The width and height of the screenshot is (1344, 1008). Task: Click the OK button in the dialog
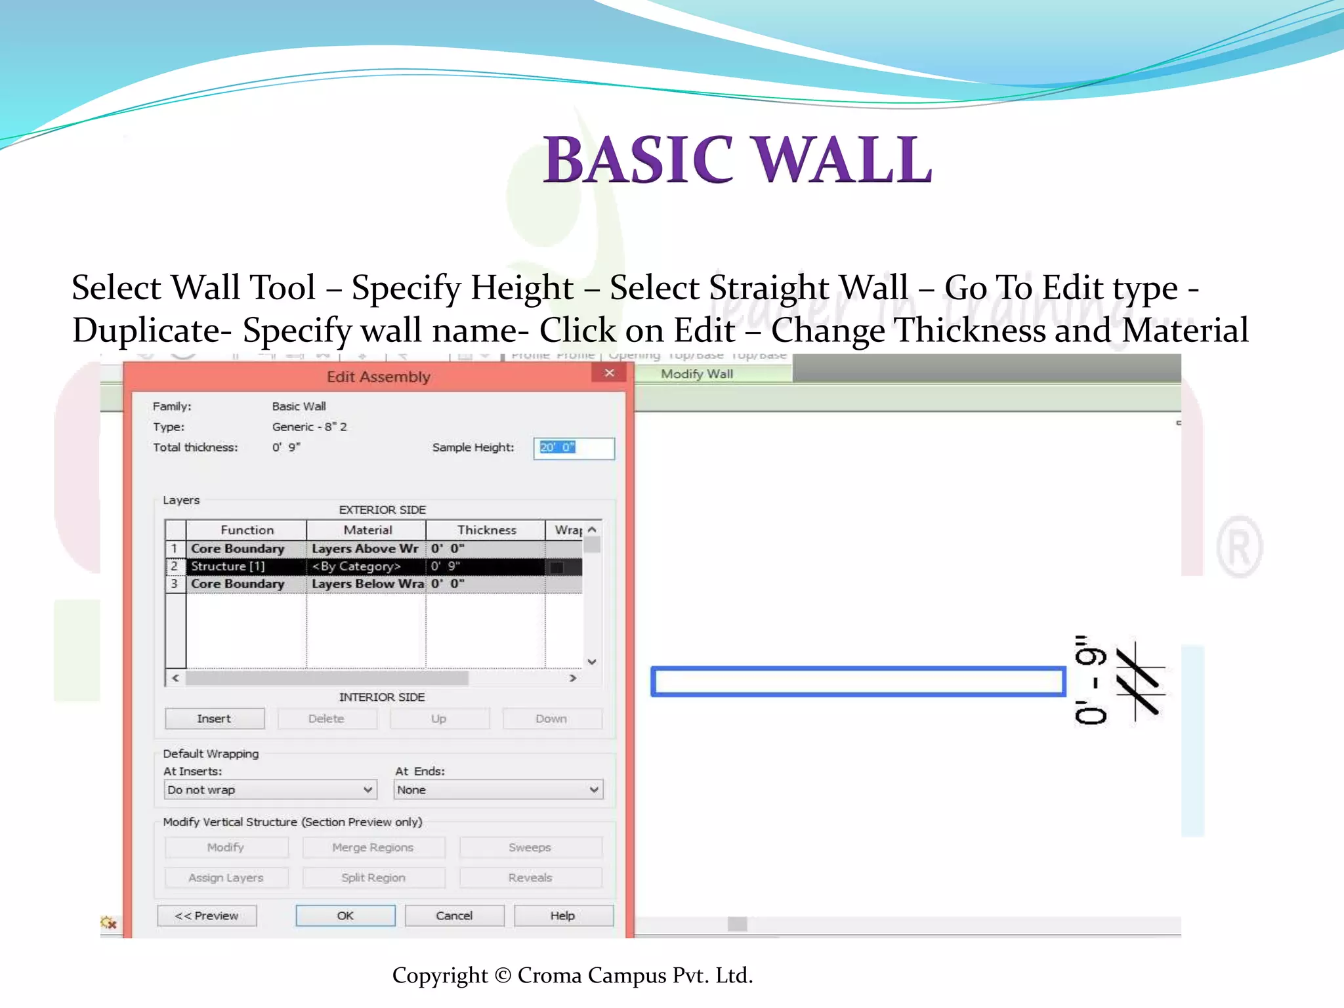click(345, 915)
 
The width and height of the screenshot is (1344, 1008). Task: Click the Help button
click(563, 915)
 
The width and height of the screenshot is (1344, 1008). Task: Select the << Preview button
click(207, 915)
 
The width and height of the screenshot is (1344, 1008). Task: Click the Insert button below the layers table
click(215, 719)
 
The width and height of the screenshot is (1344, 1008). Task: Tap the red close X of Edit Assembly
click(610, 373)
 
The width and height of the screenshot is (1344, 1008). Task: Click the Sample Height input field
click(574, 448)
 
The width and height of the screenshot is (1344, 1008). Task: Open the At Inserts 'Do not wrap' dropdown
click(270, 790)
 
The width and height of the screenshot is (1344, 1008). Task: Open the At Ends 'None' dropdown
click(498, 790)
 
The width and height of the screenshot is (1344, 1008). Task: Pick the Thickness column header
click(486, 530)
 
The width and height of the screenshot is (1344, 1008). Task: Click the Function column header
click(247, 530)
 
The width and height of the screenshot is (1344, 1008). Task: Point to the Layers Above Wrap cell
click(365, 549)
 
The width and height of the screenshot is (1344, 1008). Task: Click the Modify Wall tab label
click(697, 374)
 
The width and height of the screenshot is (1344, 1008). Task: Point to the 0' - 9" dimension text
click(1090, 680)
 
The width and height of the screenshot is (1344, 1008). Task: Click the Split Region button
click(373, 878)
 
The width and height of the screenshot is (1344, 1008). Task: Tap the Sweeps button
click(530, 848)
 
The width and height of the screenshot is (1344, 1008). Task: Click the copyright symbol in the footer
click(503, 976)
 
